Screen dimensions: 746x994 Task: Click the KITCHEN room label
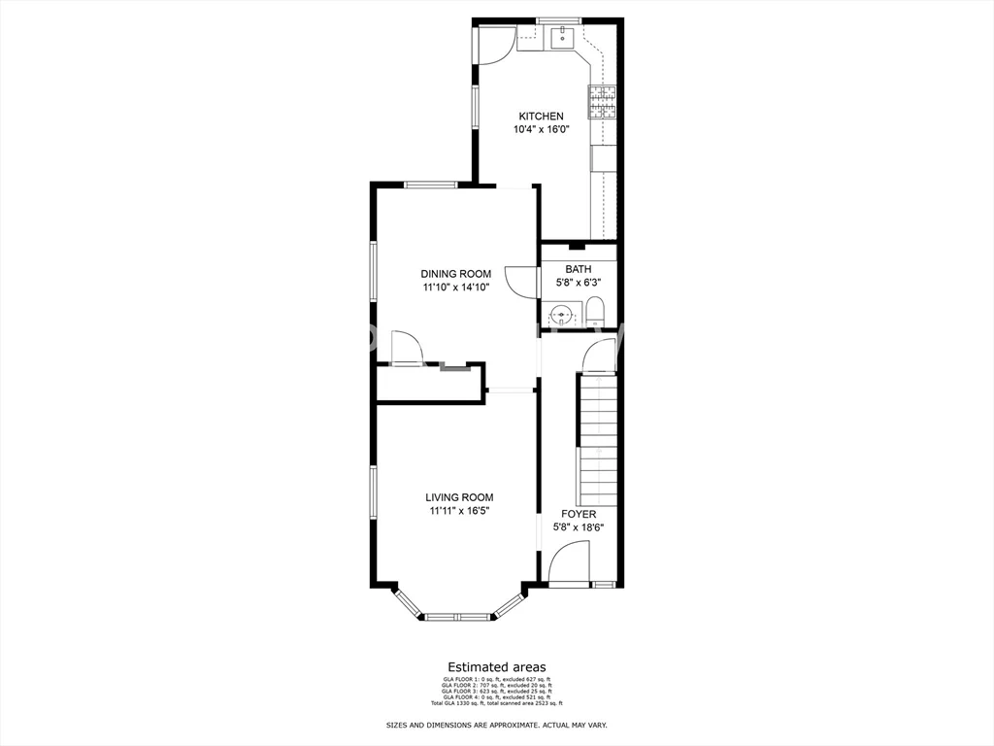tap(541, 117)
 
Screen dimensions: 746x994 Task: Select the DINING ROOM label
tap(455, 274)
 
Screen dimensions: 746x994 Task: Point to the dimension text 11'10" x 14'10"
tap(455, 288)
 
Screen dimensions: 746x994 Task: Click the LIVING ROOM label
tap(459, 497)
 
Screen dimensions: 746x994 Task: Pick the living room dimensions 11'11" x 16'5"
tap(459, 511)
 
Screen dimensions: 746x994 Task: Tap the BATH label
tap(579, 269)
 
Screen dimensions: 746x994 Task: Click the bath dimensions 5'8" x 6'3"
tap(579, 283)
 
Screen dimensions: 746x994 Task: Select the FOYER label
tap(579, 514)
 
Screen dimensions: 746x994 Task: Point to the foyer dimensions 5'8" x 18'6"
tap(579, 527)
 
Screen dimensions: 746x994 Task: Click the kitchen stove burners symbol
tap(602, 102)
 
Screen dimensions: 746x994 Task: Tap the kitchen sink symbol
tap(562, 39)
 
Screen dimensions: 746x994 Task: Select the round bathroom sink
tap(561, 315)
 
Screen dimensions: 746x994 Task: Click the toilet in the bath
tap(595, 313)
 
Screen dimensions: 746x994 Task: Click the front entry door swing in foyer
tap(569, 563)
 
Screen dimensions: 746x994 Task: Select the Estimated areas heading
tap(496, 667)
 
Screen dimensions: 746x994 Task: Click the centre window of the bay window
tap(458, 616)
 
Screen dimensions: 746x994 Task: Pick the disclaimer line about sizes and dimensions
tap(496, 726)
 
